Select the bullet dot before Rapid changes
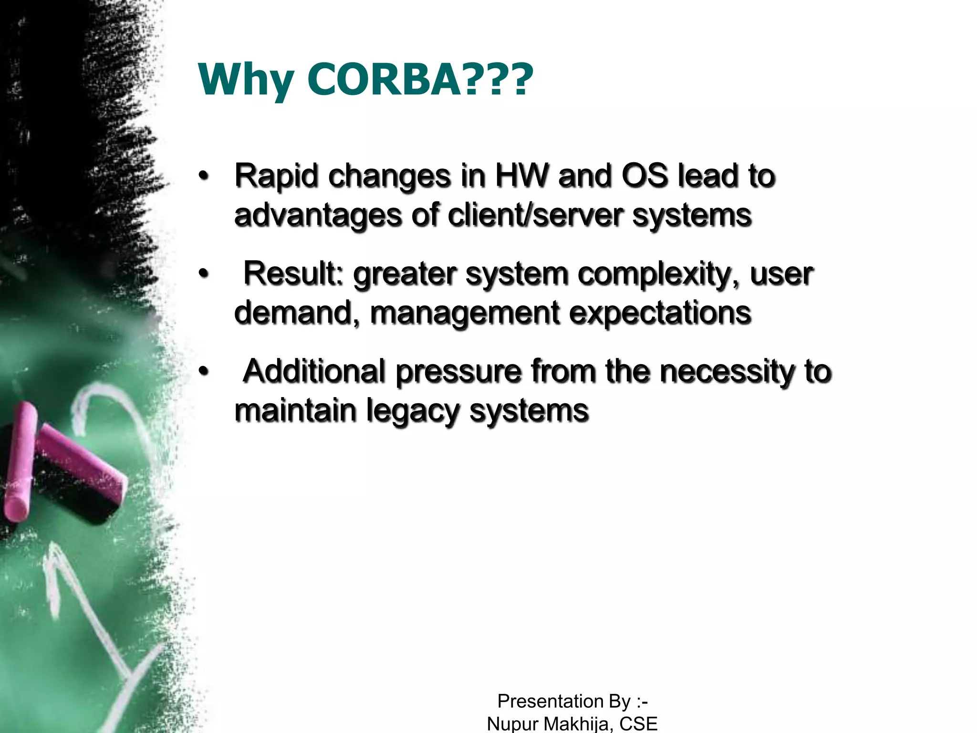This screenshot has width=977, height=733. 204,176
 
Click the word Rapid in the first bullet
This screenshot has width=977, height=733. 276,176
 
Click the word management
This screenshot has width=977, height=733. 465,314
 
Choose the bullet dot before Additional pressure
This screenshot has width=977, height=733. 204,371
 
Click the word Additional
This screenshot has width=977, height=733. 314,371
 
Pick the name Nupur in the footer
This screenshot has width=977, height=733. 513,723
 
